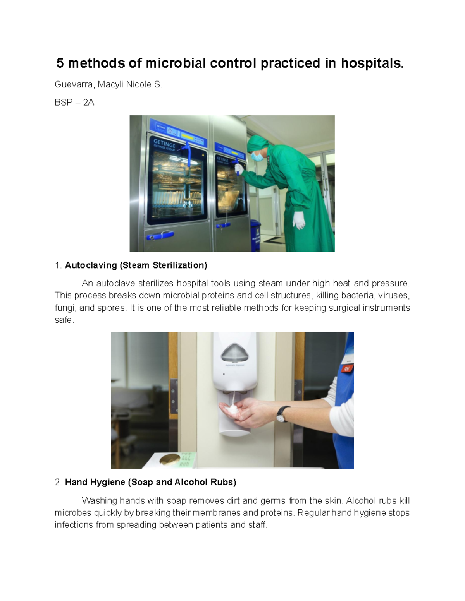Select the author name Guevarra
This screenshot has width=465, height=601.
click(x=73, y=84)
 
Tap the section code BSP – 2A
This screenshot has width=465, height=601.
click(x=74, y=103)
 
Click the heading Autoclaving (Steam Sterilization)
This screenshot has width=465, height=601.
click(x=136, y=265)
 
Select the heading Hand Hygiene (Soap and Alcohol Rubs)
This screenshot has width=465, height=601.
click(x=150, y=482)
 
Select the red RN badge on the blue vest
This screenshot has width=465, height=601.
click(x=346, y=368)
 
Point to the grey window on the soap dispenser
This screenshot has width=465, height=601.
click(x=235, y=353)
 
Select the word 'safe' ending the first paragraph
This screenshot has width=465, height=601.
click(x=63, y=320)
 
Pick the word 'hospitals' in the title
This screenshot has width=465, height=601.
click(x=372, y=63)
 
